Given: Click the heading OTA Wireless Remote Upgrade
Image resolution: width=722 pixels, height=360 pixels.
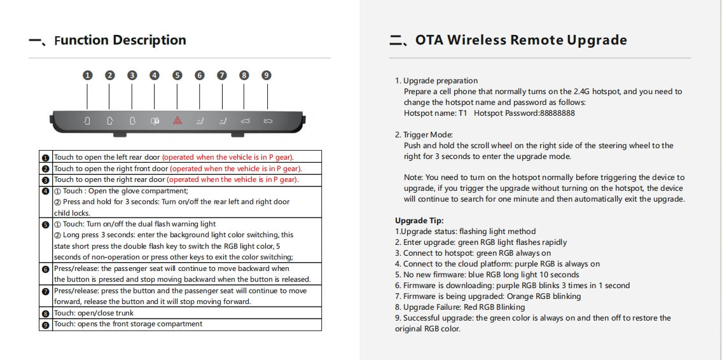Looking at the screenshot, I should pyautogui.click(x=521, y=41).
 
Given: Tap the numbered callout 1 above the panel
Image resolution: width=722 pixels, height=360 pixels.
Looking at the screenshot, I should pyautogui.click(x=88, y=75).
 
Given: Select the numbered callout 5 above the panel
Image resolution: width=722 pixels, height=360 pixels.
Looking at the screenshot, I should pyautogui.click(x=177, y=75).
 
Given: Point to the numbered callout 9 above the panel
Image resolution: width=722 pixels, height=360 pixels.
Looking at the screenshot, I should pyautogui.click(x=267, y=75).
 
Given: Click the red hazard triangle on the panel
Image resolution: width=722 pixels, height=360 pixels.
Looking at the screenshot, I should pyautogui.click(x=177, y=120).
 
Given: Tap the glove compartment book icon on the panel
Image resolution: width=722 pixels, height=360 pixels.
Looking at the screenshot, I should pyautogui.click(x=154, y=120).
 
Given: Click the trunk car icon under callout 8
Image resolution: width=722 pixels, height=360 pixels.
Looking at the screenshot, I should pyautogui.click(x=245, y=120).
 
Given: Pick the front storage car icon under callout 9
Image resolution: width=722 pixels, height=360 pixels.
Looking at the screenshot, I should pyautogui.click(x=267, y=120).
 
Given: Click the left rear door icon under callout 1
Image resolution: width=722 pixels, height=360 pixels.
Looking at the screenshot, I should pyautogui.click(x=87, y=120).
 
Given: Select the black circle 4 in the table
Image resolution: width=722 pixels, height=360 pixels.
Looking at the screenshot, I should pyautogui.click(x=45, y=191).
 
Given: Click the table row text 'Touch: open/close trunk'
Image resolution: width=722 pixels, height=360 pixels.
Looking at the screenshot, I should pyautogui.click(x=94, y=313).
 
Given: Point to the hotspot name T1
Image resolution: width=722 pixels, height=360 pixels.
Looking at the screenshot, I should pyautogui.click(x=462, y=113).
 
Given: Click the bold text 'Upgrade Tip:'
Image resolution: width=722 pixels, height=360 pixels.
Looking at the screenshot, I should pyautogui.click(x=419, y=221).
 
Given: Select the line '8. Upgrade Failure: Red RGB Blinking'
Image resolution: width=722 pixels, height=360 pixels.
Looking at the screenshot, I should pyautogui.click(x=460, y=307).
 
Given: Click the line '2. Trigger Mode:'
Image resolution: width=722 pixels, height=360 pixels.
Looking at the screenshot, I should pyautogui.click(x=424, y=135).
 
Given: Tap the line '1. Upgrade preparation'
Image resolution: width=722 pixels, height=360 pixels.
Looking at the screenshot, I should pyautogui.click(x=436, y=81).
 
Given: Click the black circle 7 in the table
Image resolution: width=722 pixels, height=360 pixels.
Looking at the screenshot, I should pyautogui.click(x=45, y=291).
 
